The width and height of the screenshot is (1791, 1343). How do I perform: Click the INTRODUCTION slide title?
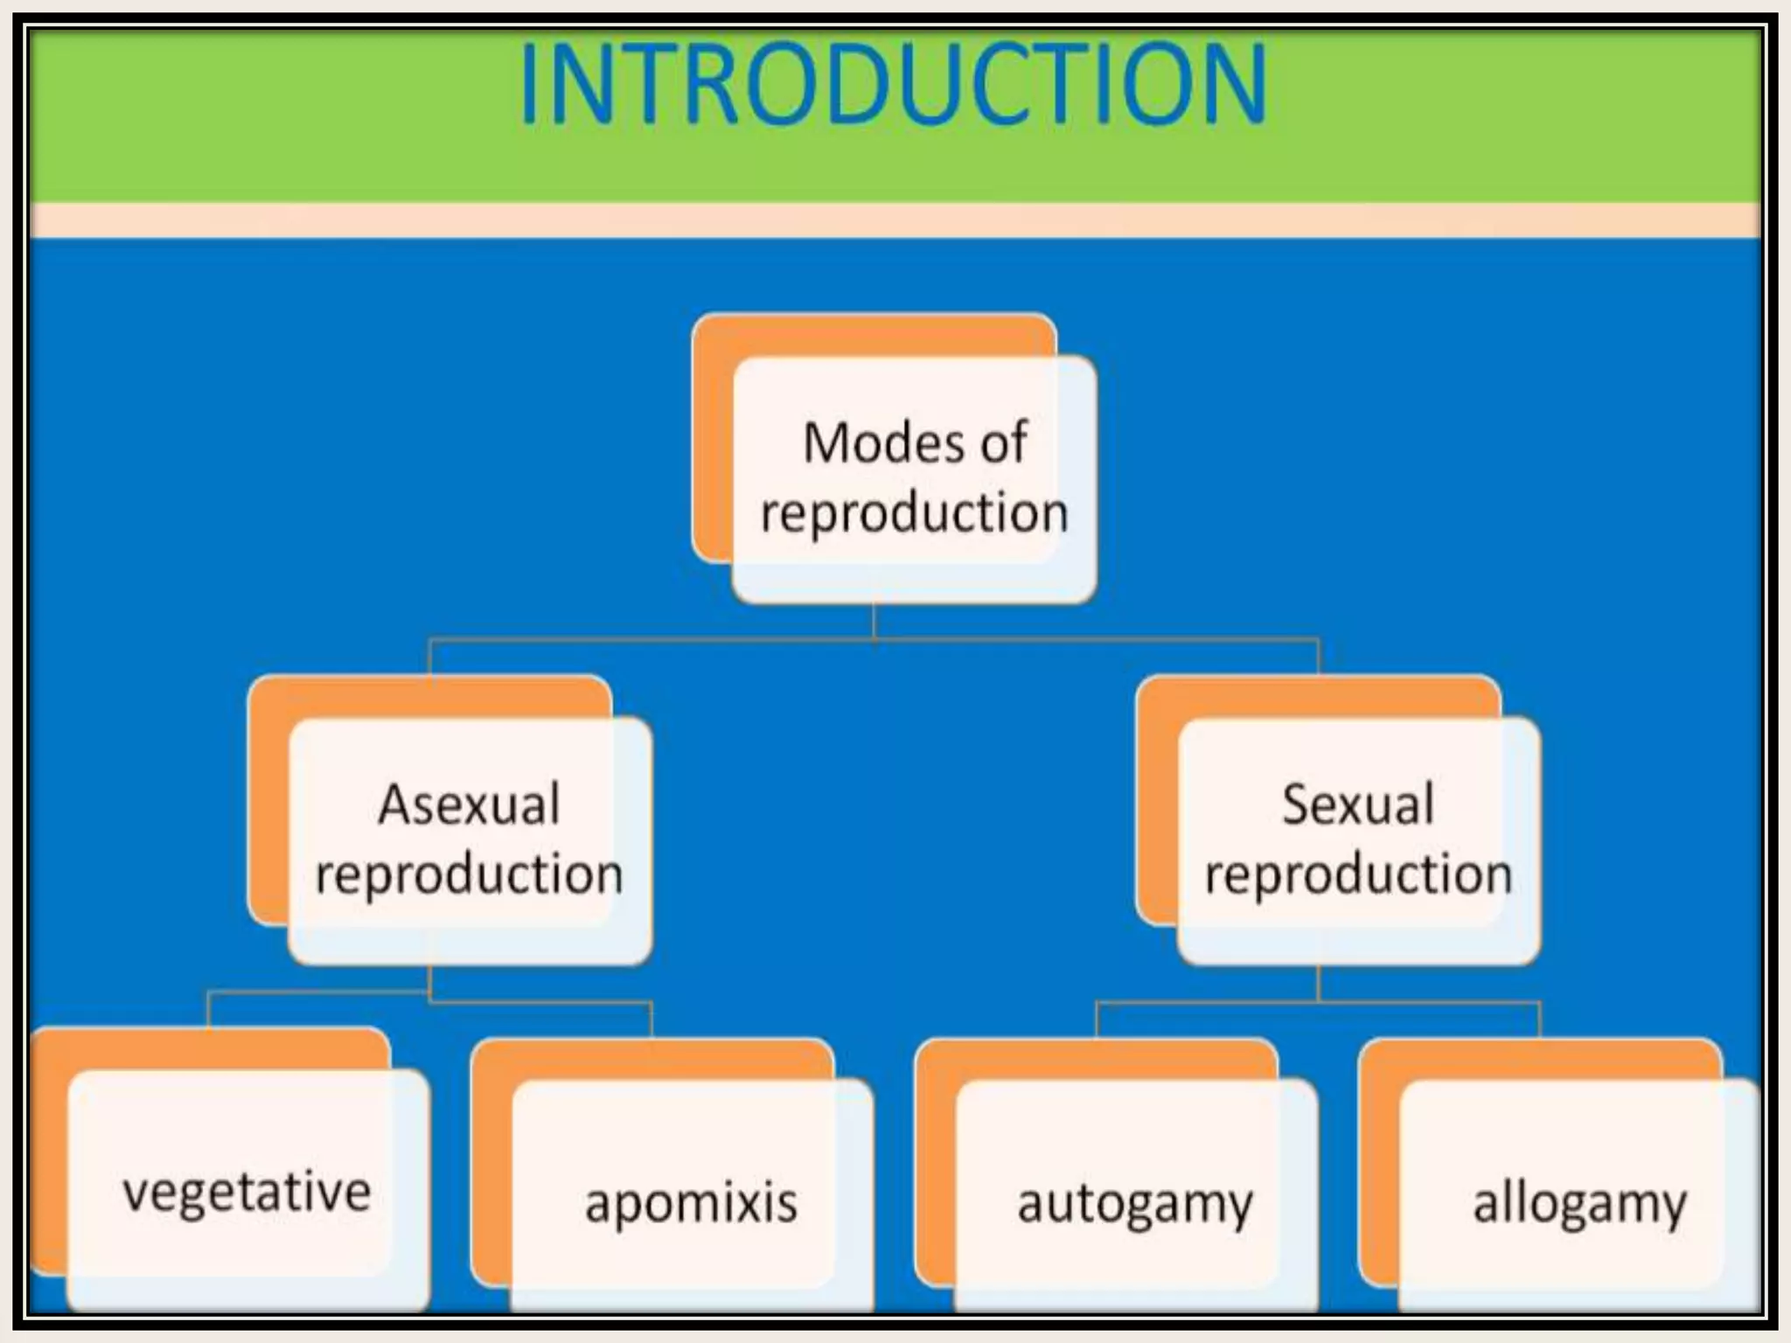click(892, 86)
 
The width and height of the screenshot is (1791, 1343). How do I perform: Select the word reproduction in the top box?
click(914, 512)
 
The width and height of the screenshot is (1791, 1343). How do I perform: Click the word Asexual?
click(469, 804)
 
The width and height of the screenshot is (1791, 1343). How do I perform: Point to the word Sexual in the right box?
click(1357, 804)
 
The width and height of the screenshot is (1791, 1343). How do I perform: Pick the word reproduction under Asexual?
click(469, 874)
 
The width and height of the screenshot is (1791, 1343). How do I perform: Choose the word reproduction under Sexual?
click(1358, 874)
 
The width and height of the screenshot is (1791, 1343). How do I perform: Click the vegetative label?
click(247, 1193)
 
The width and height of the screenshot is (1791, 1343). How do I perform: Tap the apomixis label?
click(691, 1203)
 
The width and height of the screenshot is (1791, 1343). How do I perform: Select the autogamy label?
click(1134, 1205)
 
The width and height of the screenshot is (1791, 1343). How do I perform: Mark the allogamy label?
click(1579, 1205)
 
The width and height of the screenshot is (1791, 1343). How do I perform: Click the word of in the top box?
click(1003, 443)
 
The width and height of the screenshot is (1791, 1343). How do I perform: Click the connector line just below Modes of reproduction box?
click(875, 623)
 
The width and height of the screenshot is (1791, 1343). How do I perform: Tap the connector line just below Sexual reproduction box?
click(1318, 984)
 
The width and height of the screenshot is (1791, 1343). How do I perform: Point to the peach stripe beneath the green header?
click(892, 220)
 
